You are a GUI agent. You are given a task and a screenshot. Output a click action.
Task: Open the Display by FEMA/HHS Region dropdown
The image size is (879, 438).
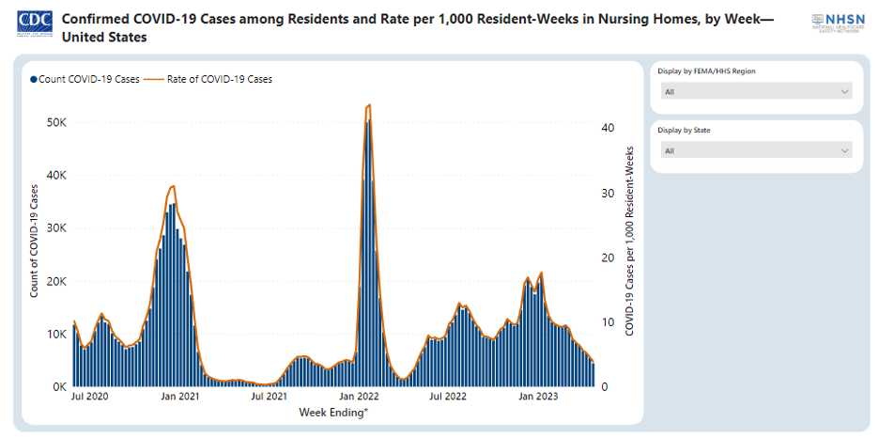pyautogui.click(x=756, y=91)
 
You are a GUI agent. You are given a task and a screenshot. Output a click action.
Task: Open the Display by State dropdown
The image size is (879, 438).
pyautogui.click(x=756, y=150)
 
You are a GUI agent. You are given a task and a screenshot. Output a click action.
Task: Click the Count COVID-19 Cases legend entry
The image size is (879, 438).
pyautogui.click(x=85, y=80)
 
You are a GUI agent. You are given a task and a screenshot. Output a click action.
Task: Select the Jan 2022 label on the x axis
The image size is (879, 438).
pyautogui.click(x=359, y=398)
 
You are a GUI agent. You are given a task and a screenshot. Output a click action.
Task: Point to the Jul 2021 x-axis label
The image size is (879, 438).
pyautogui.click(x=270, y=398)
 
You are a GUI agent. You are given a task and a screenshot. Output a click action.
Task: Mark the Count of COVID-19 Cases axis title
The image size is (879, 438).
pyautogui.click(x=35, y=242)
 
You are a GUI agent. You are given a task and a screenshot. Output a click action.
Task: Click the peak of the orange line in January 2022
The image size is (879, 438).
pyautogui.click(x=368, y=105)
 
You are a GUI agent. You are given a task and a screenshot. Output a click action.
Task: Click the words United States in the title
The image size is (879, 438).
pyautogui.click(x=104, y=38)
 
